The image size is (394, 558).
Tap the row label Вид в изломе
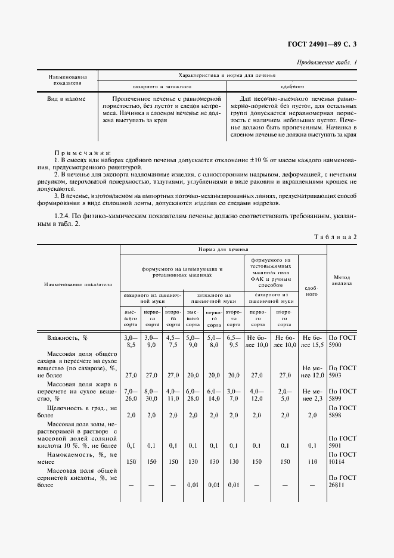66,99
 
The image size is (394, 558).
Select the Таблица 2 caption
335,237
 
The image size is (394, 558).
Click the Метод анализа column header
342,280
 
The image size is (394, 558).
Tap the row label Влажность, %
67,337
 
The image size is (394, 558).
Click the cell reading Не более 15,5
312,341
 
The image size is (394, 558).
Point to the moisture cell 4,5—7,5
173,341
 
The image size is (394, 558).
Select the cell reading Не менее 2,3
312,395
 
